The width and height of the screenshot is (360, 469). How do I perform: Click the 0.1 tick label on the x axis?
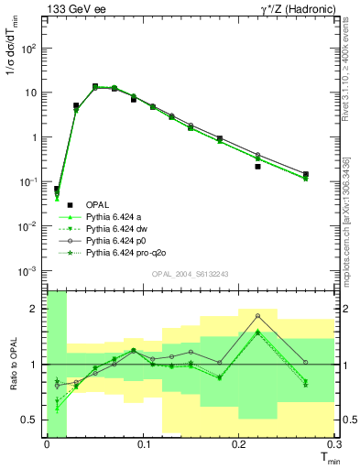[143, 443]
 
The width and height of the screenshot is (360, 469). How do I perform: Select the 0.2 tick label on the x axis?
[238, 443]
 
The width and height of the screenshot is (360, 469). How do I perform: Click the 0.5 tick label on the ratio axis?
[30, 420]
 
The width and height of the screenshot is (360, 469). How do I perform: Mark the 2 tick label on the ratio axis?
[35, 309]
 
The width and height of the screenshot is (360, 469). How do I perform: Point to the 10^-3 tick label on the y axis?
[27, 270]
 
